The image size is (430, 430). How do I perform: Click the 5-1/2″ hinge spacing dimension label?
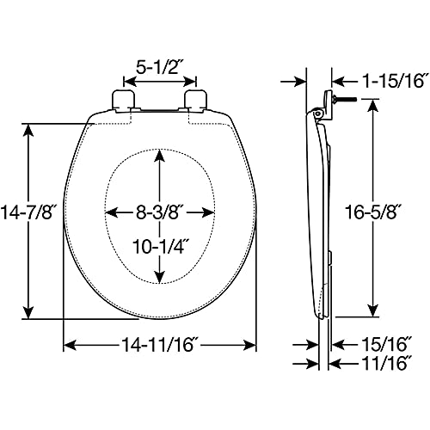(160, 68)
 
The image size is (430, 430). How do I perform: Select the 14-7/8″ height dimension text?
(28, 212)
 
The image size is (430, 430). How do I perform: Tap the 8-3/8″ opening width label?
(160, 212)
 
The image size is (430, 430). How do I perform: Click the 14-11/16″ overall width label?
(161, 344)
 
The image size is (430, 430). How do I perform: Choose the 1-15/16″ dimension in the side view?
(393, 81)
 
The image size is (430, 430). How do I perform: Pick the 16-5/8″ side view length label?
(372, 212)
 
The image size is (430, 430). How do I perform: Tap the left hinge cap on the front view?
(123, 101)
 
